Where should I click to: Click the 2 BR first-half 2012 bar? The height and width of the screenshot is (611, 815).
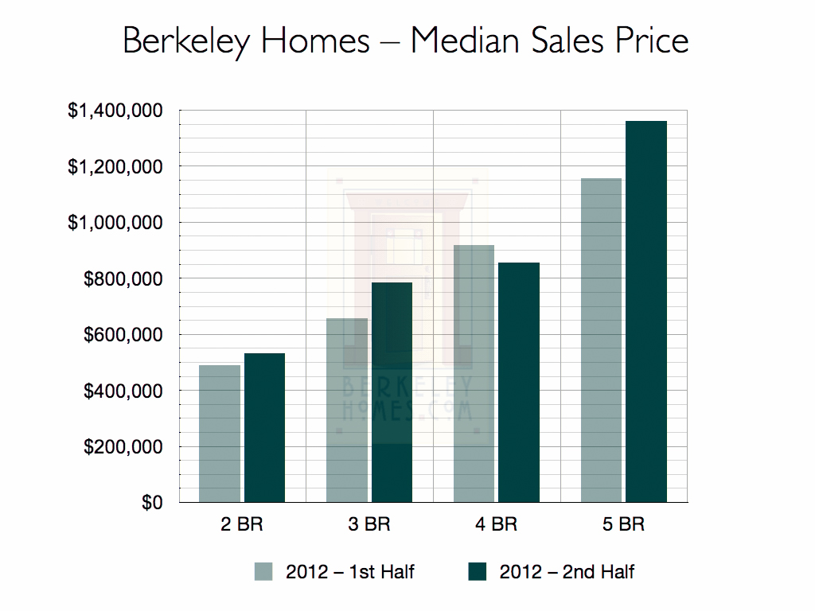[x=220, y=434]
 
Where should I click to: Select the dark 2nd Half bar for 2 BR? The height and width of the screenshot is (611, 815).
[x=264, y=428]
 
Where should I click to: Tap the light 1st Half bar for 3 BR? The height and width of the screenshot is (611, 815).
[x=347, y=411]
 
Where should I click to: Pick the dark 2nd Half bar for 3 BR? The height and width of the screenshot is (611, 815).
[x=392, y=392]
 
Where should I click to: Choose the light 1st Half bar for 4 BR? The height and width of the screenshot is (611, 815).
[x=474, y=374]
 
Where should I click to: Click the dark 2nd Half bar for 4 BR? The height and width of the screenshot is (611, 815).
[x=519, y=383]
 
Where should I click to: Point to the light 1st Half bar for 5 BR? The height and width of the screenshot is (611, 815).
[x=602, y=341]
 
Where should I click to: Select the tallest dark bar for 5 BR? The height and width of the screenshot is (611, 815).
[x=646, y=312]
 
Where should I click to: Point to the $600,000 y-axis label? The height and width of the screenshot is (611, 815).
[x=123, y=335]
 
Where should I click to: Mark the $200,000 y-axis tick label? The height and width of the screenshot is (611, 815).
[x=123, y=447]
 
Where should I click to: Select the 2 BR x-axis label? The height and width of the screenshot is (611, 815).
[x=242, y=525]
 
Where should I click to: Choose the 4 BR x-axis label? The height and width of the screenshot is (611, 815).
[x=497, y=525]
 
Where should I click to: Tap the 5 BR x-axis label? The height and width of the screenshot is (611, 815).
[x=624, y=525]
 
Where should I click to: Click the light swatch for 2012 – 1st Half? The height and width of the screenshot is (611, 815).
[x=263, y=571]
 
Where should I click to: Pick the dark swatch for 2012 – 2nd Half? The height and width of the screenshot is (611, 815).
[x=478, y=571]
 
